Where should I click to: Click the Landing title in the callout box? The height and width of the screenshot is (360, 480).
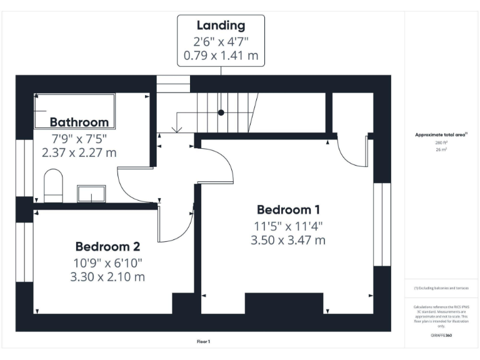click(221, 26)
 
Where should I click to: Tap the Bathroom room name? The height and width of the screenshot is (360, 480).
click(79, 122)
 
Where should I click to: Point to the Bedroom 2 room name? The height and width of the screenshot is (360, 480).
click(108, 246)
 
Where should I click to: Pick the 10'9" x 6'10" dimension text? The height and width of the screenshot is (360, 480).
click(108, 262)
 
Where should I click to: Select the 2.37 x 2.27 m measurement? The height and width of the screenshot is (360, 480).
click(79, 152)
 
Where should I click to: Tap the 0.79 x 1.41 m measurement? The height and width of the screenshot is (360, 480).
click(221, 56)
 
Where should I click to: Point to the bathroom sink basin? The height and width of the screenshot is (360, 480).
click(91, 194)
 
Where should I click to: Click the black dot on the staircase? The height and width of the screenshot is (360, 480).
click(221, 112)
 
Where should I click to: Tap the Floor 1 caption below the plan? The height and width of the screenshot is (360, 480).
click(203, 342)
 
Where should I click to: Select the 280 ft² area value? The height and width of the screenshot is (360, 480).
click(441, 142)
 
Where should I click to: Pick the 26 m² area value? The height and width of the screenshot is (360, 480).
click(441, 150)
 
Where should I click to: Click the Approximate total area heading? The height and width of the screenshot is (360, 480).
click(441, 134)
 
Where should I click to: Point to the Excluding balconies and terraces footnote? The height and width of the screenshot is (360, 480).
click(441, 288)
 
